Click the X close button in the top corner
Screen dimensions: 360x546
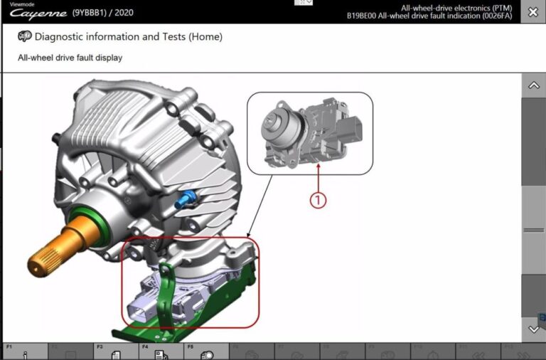tap(532, 12)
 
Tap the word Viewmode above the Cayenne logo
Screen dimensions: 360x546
tap(21, 4)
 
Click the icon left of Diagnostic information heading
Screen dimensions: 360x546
tap(24, 36)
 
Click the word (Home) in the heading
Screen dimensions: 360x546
tap(205, 36)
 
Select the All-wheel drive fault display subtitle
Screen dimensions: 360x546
tap(70, 58)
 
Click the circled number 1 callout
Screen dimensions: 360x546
tap(318, 200)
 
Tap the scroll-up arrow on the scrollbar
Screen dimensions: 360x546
tap(533, 85)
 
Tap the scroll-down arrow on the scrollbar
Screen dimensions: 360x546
tap(533, 329)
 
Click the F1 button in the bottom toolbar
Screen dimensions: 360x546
tap(24, 351)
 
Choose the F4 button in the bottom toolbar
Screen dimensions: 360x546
tap(161, 351)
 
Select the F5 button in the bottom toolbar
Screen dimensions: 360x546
tap(206, 351)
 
